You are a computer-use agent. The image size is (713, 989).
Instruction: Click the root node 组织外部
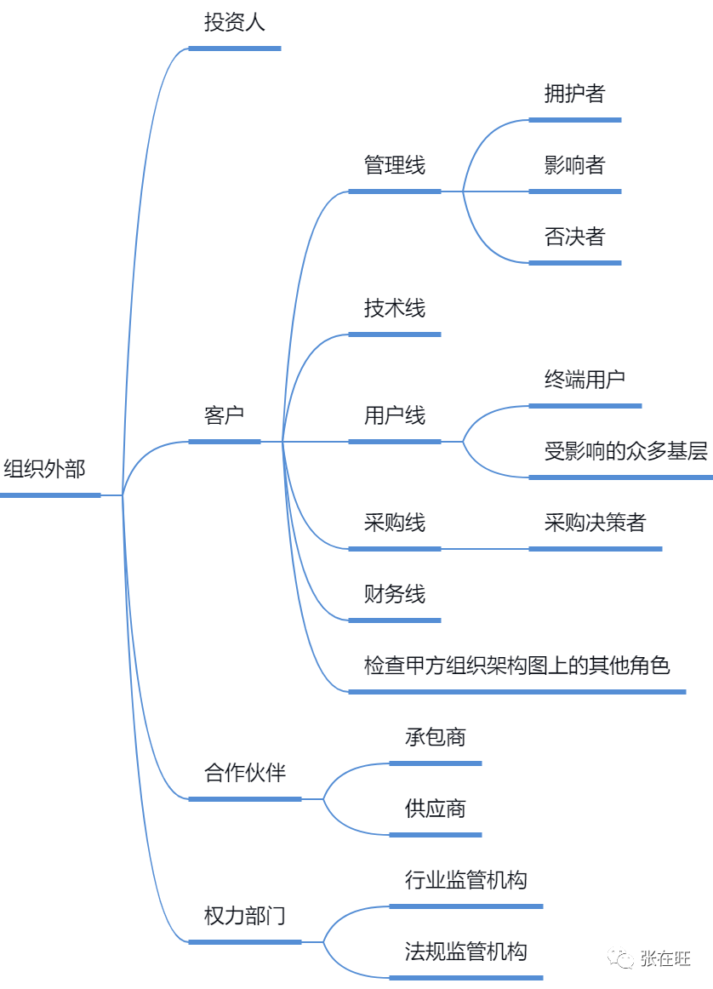[44, 469]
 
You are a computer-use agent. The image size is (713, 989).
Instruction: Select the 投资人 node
[235, 22]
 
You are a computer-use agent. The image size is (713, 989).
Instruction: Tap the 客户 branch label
[224, 415]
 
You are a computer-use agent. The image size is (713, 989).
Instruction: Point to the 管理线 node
[395, 165]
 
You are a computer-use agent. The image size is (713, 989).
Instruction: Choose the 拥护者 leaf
[575, 94]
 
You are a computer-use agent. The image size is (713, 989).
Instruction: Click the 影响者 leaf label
[575, 165]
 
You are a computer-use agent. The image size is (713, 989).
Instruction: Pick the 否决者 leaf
[575, 237]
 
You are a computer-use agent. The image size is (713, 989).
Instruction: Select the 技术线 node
[395, 308]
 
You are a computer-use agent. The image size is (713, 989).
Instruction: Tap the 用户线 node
[395, 415]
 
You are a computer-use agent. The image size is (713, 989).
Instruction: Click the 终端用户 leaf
[585, 380]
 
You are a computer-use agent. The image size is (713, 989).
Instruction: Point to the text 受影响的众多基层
[626, 451]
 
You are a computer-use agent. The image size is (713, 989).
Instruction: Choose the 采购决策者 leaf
[595, 523]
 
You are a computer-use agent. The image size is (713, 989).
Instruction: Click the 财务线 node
[395, 594]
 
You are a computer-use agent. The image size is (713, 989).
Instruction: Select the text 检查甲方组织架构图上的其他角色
[517, 666]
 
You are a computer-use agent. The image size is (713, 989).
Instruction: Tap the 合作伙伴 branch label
[244, 773]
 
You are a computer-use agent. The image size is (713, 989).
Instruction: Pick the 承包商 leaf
[436, 737]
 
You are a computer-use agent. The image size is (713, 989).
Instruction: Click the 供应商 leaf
[436, 809]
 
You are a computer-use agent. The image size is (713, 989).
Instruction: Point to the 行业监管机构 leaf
[466, 880]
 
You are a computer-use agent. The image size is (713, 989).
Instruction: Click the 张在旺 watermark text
[665, 958]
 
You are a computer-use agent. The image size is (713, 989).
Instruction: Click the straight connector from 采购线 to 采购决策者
[485, 549]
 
